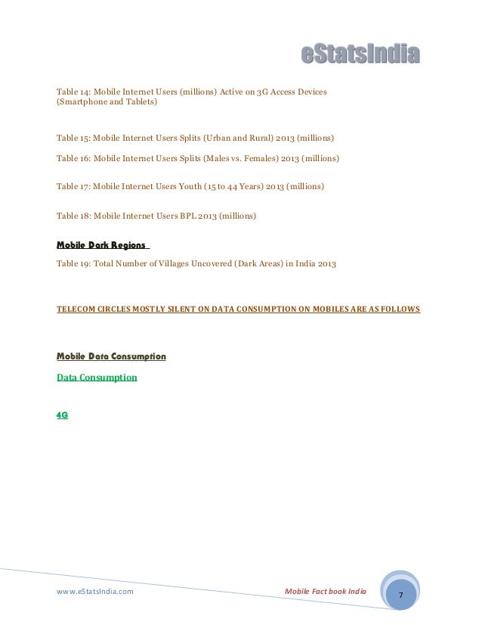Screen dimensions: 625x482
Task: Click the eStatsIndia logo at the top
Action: (x=360, y=54)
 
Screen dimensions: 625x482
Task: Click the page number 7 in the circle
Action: (x=401, y=595)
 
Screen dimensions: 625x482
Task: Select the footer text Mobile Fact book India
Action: (x=325, y=591)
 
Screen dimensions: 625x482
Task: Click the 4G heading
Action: (x=63, y=415)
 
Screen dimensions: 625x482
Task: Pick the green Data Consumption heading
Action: (x=97, y=376)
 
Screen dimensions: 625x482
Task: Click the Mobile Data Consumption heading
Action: (x=111, y=356)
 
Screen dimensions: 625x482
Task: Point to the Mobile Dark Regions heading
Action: (x=102, y=245)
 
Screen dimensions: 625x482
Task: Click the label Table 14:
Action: (x=73, y=92)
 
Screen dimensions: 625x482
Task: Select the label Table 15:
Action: (x=73, y=138)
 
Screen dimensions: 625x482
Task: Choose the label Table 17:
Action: (x=73, y=185)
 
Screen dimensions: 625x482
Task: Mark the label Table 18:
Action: (x=73, y=216)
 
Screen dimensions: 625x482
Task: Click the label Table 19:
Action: (x=73, y=263)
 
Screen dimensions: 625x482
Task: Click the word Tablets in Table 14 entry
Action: (x=139, y=102)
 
